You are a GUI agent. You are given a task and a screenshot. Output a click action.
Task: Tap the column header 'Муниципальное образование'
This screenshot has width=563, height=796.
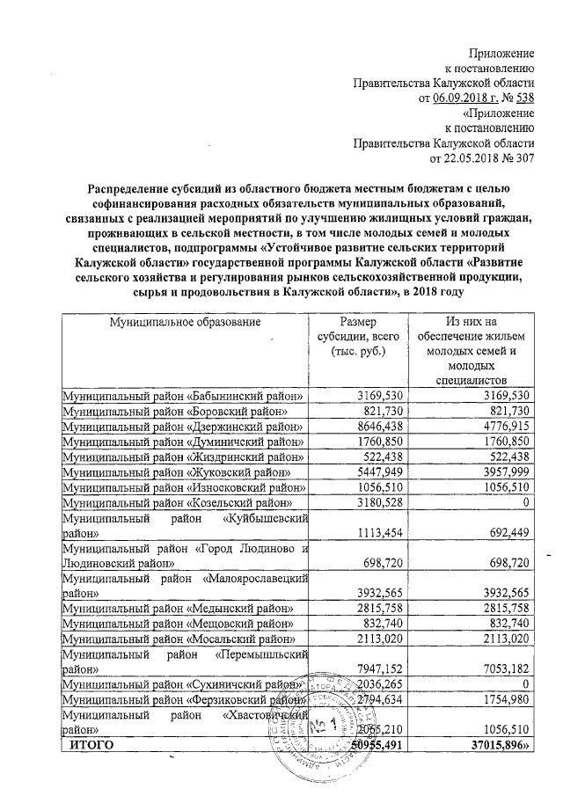(x=186, y=323)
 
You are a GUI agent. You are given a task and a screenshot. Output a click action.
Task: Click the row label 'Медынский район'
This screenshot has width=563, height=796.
(x=177, y=607)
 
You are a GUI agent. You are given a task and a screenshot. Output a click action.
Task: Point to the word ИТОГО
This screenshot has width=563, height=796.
(x=91, y=745)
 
